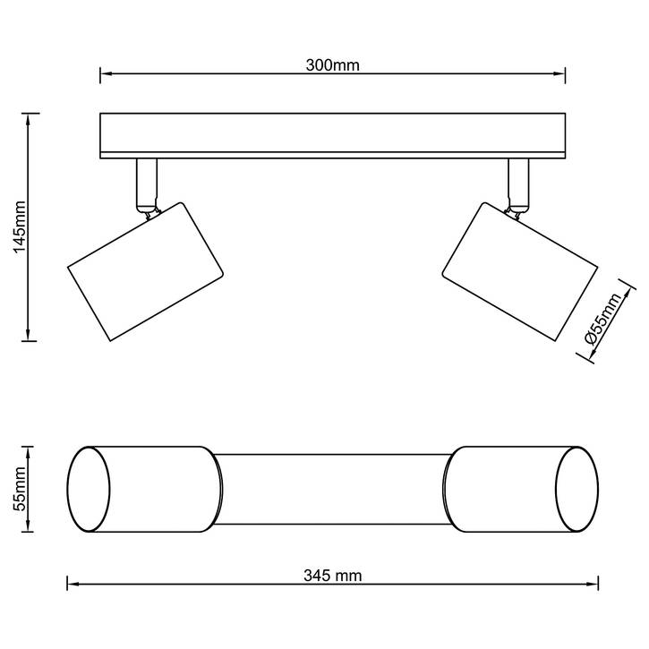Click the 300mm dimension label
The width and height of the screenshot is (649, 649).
click(x=333, y=65)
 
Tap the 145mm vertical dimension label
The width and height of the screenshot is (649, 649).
click(x=20, y=226)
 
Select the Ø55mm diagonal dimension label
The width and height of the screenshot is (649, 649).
click(x=603, y=319)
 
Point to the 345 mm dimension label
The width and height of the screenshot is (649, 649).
click(x=333, y=576)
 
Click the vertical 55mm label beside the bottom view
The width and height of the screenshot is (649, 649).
click(x=20, y=489)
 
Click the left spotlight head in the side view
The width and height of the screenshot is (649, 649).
click(x=145, y=271)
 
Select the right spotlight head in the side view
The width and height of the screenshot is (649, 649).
click(x=520, y=271)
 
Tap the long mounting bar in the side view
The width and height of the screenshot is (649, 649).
click(x=333, y=136)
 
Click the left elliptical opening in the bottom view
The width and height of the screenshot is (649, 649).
click(x=89, y=490)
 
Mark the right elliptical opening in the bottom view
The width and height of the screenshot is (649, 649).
click(x=576, y=490)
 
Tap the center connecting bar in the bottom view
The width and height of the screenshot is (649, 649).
click(x=333, y=490)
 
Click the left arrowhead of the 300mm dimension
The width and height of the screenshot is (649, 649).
click(x=107, y=74)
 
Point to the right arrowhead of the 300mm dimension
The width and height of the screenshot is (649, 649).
click(x=559, y=74)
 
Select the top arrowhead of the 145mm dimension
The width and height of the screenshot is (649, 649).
click(x=28, y=119)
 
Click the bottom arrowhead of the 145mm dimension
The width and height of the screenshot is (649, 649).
click(x=28, y=335)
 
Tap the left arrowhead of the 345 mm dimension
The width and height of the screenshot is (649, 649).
click(x=73, y=585)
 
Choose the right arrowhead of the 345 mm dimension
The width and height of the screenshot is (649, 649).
click(x=593, y=585)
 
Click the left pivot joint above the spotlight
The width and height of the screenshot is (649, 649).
click(x=149, y=212)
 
